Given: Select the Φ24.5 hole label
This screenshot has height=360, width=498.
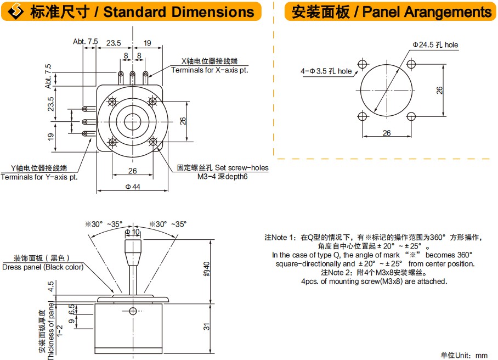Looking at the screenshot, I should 435,45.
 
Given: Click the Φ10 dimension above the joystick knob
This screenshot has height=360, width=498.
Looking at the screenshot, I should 132,233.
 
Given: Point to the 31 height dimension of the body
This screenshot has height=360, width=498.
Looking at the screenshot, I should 206,326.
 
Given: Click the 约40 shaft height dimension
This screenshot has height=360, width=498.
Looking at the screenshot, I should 206,269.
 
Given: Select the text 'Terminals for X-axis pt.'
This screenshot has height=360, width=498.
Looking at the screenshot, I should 210,70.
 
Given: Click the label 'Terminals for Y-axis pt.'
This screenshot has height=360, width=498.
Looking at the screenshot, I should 39,177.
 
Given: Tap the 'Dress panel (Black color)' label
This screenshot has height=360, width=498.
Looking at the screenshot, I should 42,267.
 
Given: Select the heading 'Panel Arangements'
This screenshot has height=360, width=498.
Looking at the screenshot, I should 422,12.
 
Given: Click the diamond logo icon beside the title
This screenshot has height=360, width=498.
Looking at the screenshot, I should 13,12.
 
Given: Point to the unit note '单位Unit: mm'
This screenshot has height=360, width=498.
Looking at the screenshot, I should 463,355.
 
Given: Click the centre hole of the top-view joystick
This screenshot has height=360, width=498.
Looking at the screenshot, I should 132,120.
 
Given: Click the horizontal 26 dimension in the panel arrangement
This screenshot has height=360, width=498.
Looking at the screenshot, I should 386,133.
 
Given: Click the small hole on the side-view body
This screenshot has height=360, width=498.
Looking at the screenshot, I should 132,312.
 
